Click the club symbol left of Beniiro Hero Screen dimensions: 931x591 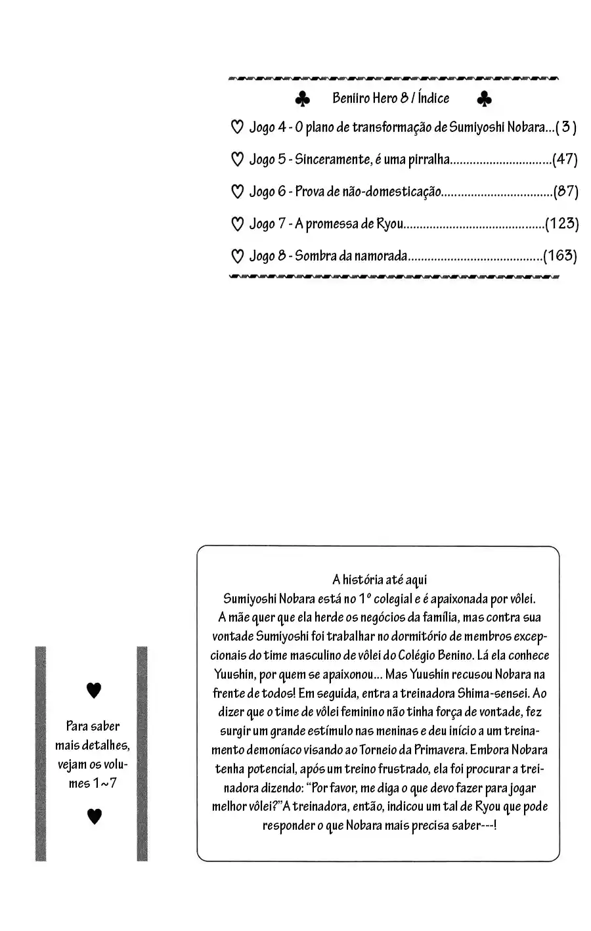point(302,99)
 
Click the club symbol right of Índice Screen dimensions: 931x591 point(484,99)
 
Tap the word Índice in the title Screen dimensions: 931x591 point(433,98)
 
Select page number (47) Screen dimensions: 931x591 point(565,160)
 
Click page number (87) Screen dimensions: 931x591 point(565,192)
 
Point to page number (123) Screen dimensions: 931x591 point(561,224)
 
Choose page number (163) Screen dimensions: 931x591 point(560,256)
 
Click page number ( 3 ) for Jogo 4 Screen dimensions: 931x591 point(566,127)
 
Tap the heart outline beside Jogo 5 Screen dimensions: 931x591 point(238,160)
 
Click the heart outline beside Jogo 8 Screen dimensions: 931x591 point(238,256)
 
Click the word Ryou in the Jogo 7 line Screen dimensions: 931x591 point(389,224)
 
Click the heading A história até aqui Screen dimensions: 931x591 point(379,579)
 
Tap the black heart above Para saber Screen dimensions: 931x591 point(95,690)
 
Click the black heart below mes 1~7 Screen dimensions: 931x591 point(95,816)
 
